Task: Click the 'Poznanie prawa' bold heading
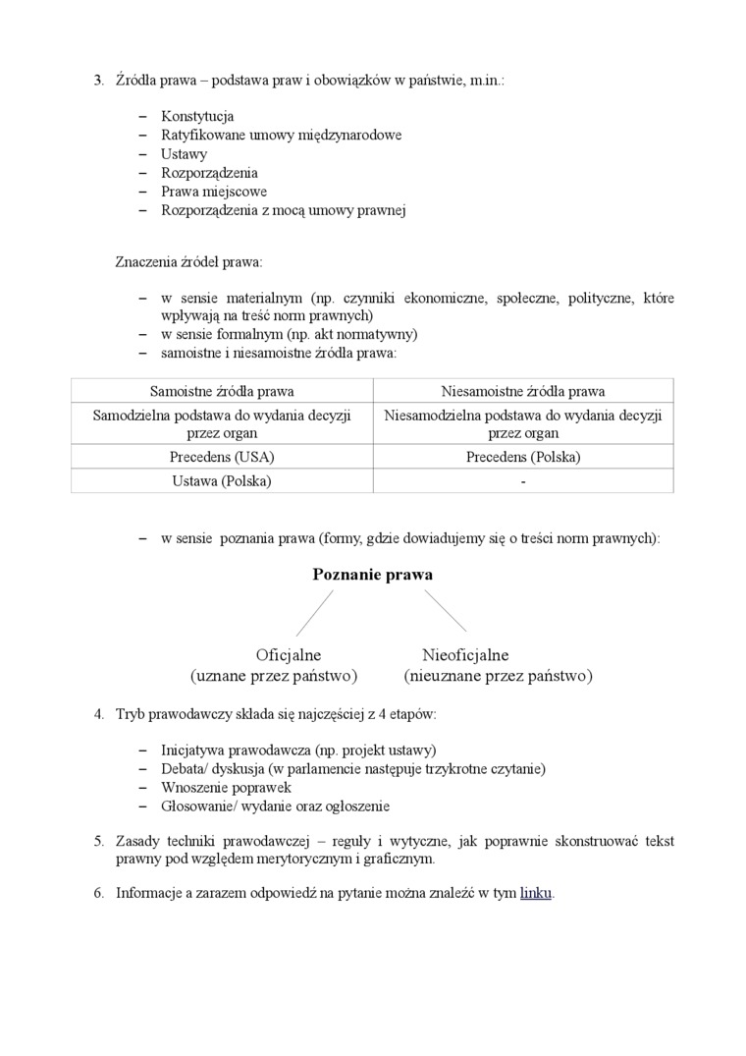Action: click(372, 575)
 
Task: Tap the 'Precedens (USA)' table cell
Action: click(222, 457)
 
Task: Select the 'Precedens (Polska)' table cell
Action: click(523, 457)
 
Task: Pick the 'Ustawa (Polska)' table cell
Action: click(222, 481)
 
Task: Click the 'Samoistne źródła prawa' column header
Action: click(222, 391)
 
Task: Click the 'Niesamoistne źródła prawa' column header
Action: click(523, 391)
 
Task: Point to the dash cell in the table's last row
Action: click(523, 481)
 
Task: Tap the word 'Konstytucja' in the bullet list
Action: click(197, 116)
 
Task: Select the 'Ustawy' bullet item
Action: click(184, 154)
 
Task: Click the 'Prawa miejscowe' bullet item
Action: click(214, 192)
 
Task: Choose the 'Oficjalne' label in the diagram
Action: click(289, 655)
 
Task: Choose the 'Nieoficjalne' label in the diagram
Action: click(465, 655)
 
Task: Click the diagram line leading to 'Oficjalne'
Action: click(314, 613)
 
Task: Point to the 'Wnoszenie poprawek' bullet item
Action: click(226, 787)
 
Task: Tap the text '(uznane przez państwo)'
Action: click(273, 677)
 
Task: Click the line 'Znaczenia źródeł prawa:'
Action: click(189, 262)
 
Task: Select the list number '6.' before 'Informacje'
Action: click(99, 893)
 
